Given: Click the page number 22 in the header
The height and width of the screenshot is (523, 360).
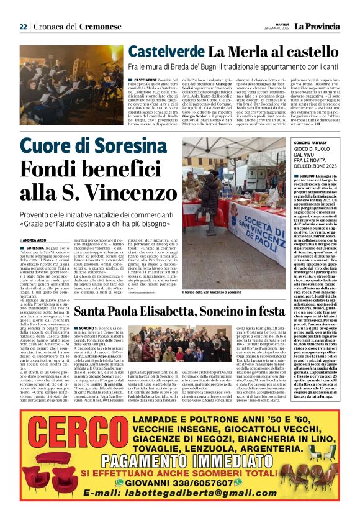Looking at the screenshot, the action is [23, 26].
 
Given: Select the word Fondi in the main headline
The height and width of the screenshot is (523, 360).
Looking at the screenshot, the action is [62, 170].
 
